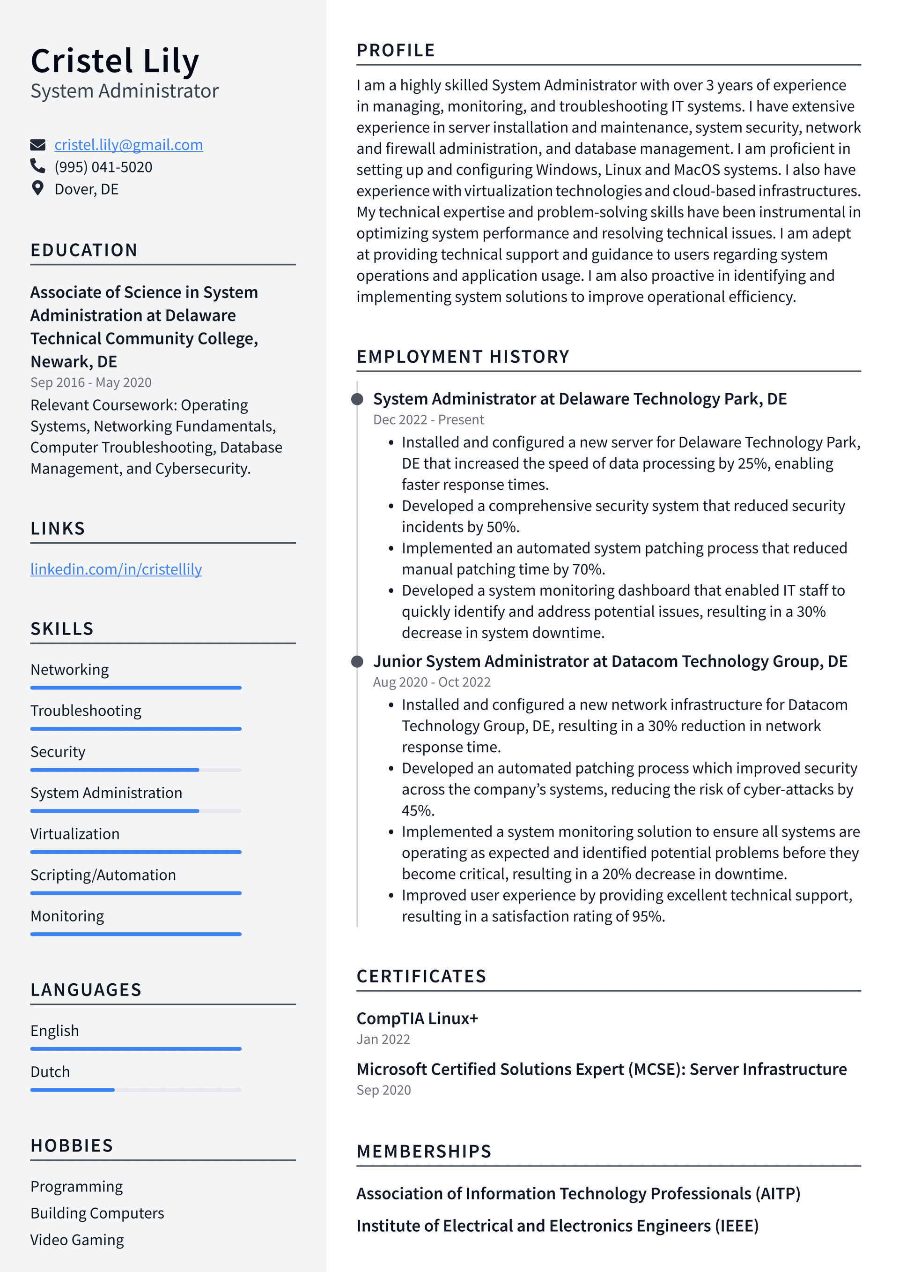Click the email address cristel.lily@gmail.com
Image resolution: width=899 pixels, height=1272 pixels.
coord(128,145)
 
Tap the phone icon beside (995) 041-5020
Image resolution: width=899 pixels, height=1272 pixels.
coord(37,166)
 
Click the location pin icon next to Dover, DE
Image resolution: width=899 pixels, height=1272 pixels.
coord(37,188)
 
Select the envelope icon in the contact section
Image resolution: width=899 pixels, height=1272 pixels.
coord(37,145)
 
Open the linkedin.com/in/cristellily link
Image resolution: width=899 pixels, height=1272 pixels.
coord(116,569)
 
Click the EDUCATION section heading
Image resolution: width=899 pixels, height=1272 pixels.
coord(84,250)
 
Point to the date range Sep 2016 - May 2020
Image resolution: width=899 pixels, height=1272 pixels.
coord(91,382)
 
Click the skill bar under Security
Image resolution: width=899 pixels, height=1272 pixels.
coord(136,770)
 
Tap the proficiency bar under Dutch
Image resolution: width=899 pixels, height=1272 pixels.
coord(136,1090)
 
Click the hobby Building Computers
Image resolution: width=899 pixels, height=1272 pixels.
coord(97,1213)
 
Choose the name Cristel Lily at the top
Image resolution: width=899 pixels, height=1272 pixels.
coord(115,60)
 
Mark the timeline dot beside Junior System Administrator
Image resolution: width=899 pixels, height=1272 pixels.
coord(358,661)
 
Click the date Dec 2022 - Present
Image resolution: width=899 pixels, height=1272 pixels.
coord(428,419)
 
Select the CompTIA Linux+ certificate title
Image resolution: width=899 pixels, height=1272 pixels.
coord(417,1018)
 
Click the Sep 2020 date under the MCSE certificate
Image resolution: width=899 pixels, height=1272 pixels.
coord(383,1090)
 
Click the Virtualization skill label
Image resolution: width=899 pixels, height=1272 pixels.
coord(75,834)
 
